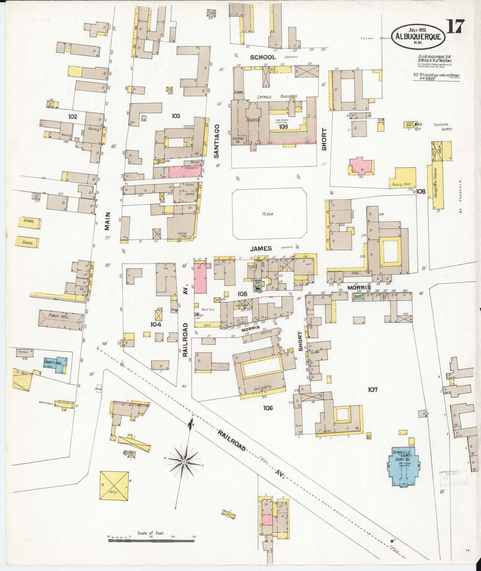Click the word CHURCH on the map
(x=253, y=120)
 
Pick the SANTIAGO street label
(x=216, y=141)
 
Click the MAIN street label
(x=107, y=221)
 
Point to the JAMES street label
(x=261, y=248)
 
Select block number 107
(x=373, y=389)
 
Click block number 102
(x=72, y=117)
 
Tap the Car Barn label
(x=19, y=372)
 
